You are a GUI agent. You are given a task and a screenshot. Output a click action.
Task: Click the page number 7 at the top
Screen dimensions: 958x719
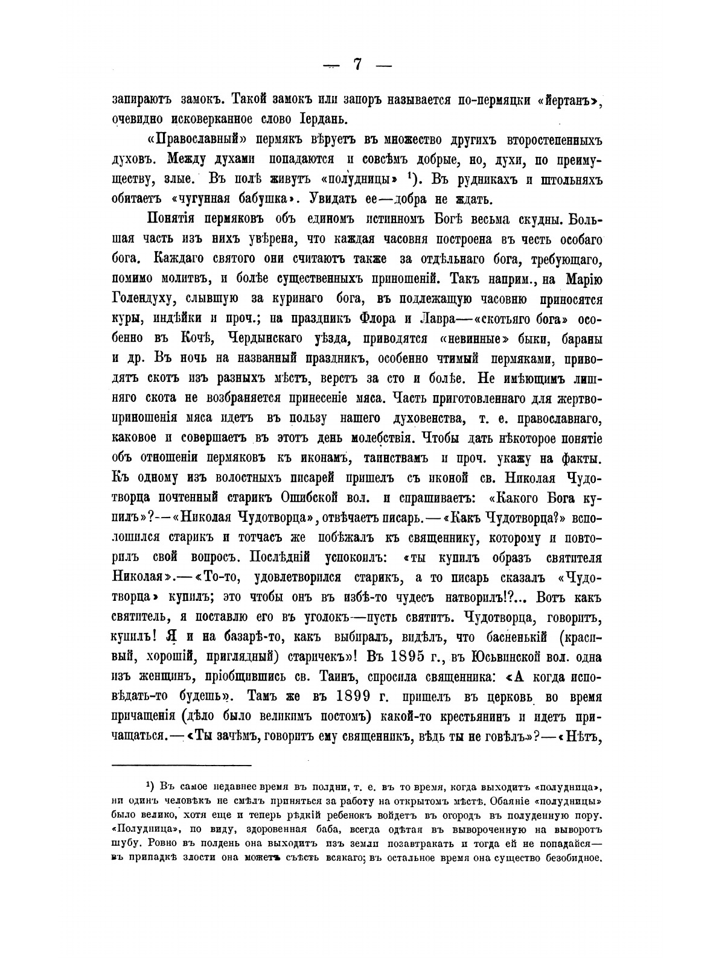357,65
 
